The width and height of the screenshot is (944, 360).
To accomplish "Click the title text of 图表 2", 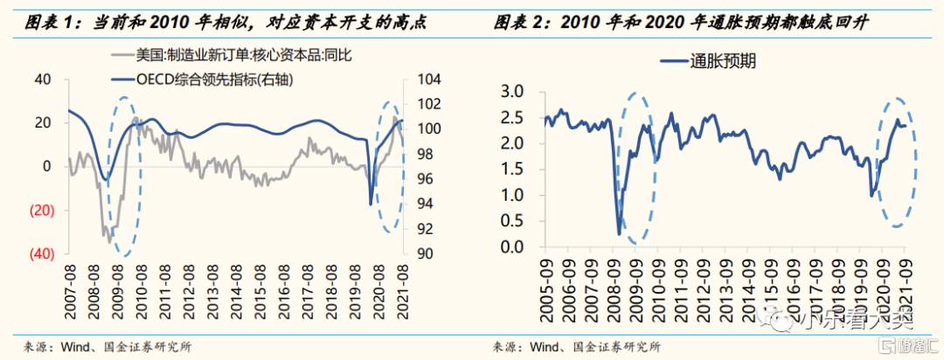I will click(691, 22).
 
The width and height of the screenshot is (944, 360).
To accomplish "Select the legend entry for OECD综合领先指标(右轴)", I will click(213, 80).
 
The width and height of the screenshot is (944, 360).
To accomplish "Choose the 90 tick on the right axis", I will click(422, 253).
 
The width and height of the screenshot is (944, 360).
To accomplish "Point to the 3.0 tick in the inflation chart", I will click(510, 91).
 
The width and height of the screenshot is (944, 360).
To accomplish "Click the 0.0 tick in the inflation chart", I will click(510, 246).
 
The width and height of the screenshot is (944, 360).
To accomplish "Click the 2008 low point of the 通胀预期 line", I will click(620, 234).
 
